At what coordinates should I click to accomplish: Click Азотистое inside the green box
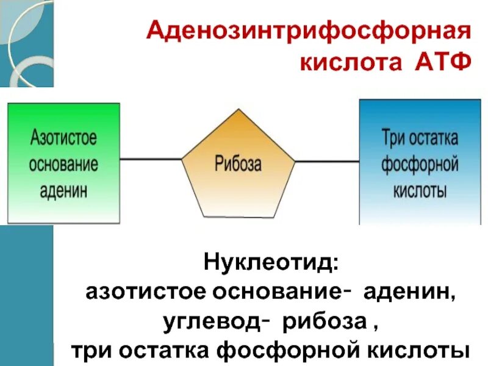(63, 137)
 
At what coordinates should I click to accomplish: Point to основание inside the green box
(63, 163)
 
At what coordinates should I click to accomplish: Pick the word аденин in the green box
(63, 190)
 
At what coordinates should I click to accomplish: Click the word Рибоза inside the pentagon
(238, 163)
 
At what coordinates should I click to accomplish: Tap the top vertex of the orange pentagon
(239, 110)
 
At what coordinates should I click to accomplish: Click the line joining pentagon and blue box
(327, 162)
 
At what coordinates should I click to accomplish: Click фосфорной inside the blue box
(420, 163)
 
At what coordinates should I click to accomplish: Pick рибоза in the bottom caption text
(320, 322)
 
